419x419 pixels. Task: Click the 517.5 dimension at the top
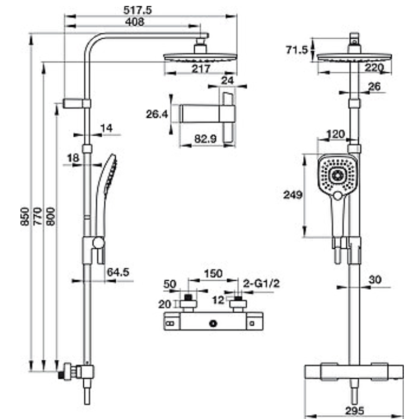(137, 10)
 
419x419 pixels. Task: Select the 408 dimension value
(135, 22)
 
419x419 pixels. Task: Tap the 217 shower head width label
(201, 69)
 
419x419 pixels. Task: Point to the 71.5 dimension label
(296, 50)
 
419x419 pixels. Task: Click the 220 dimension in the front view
(374, 68)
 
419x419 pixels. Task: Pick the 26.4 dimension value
(157, 114)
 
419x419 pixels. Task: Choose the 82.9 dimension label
(205, 139)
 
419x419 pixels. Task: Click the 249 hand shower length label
(293, 194)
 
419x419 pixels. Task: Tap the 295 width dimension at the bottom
(355, 411)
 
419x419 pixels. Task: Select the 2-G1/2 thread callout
(261, 283)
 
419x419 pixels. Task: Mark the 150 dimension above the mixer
(213, 273)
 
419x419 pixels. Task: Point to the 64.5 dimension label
(118, 272)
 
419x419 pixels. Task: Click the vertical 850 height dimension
(25, 216)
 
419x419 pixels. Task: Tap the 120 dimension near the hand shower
(336, 134)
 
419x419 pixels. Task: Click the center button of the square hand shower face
(337, 175)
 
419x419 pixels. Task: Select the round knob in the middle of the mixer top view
(213, 324)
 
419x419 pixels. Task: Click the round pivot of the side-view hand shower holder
(98, 242)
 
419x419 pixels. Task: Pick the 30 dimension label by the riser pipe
(375, 280)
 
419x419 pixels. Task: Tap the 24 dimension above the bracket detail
(227, 81)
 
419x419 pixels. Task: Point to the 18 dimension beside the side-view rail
(73, 158)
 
